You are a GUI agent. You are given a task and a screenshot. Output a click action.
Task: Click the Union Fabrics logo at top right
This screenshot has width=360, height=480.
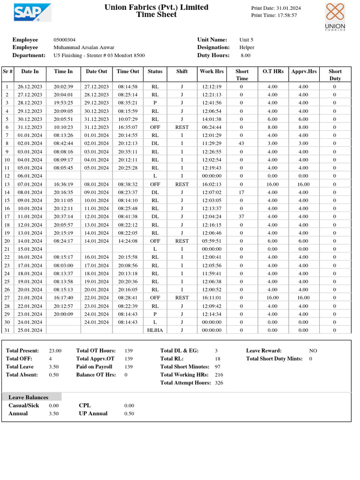point(335,16)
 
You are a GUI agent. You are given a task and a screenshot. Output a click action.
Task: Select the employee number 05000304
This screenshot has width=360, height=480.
point(65,40)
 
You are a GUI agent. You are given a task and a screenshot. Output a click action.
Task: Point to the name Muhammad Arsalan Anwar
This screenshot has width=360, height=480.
point(84,47)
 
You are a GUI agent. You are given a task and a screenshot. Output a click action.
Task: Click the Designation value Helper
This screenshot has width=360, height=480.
point(247,47)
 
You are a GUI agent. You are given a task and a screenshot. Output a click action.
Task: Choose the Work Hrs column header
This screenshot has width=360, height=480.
point(212,71)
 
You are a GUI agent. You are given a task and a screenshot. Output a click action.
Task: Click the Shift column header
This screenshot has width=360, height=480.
point(182,71)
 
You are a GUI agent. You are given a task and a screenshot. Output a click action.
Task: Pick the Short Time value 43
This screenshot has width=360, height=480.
point(241,143)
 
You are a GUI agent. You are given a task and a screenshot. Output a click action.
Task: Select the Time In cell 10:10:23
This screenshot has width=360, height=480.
point(63,127)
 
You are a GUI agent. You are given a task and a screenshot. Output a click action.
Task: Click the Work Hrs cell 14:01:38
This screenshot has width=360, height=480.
point(212,119)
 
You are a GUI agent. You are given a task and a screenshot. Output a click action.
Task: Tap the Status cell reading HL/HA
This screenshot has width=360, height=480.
point(155,330)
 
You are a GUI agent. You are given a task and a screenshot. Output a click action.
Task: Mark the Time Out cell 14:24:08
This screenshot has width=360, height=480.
point(127,241)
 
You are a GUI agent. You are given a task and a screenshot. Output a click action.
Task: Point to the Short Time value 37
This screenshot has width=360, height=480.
point(241,217)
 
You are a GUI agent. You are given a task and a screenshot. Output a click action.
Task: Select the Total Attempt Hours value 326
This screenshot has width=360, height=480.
point(219,383)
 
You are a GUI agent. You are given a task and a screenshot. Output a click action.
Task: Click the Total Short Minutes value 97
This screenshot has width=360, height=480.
point(217,367)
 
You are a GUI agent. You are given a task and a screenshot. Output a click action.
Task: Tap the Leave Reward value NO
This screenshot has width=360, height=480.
point(313,351)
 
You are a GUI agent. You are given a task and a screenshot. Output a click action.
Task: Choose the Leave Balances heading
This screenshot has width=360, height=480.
point(28,397)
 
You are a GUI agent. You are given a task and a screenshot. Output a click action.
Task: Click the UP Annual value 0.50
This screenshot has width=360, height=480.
point(129,413)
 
